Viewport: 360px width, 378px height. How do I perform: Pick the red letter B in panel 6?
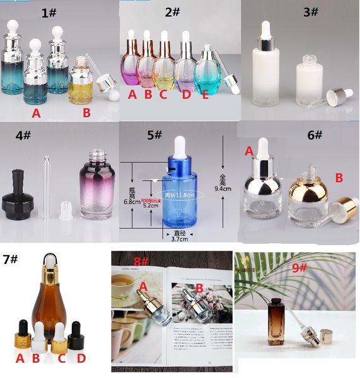(338, 178)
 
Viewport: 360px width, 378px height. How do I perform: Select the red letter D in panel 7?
(81, 359)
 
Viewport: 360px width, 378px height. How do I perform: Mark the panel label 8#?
(141, 261)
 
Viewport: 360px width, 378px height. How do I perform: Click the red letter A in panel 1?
(36, 113)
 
